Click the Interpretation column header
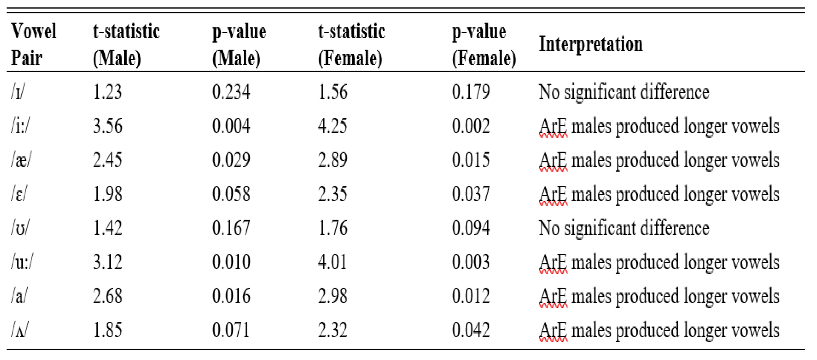point(591,44)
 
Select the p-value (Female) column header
point(484,44)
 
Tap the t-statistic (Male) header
point(126,44)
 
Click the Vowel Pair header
point(34,44)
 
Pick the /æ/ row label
point(21,160)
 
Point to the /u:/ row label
point(21,262)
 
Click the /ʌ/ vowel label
point(19,330)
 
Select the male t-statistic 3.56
point(107,126)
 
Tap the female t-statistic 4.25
point(332,126)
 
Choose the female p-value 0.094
point(471,228)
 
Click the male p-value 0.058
point(231,194)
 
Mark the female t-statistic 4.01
point(332,262)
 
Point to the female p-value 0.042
point(471,330)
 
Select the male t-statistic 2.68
point(107,296)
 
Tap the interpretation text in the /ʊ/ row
point(624,228)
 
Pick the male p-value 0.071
point(231,330)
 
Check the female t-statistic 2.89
point(332,160)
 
